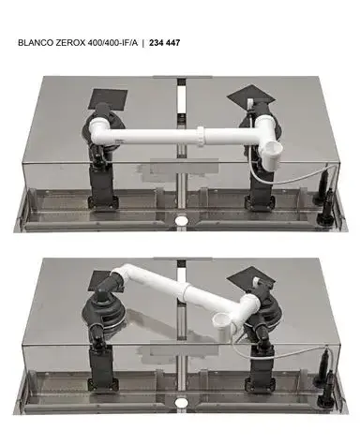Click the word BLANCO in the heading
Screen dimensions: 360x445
(x=36, y=43)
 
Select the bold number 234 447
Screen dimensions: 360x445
(x=164, y=43)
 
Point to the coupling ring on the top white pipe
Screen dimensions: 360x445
(x=201, y=136)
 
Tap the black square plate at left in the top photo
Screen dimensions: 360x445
(x=108, y=99)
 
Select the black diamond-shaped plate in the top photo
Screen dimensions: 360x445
(x=251, y=96)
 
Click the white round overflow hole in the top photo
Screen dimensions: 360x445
(x=181, y=220)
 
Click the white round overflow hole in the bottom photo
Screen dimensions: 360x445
(x=181, y=403)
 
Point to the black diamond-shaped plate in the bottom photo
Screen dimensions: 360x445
(x=251, y=278)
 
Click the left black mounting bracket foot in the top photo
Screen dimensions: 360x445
(x=103, y=202)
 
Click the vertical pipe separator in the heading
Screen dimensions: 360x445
(x=143, y=43)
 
